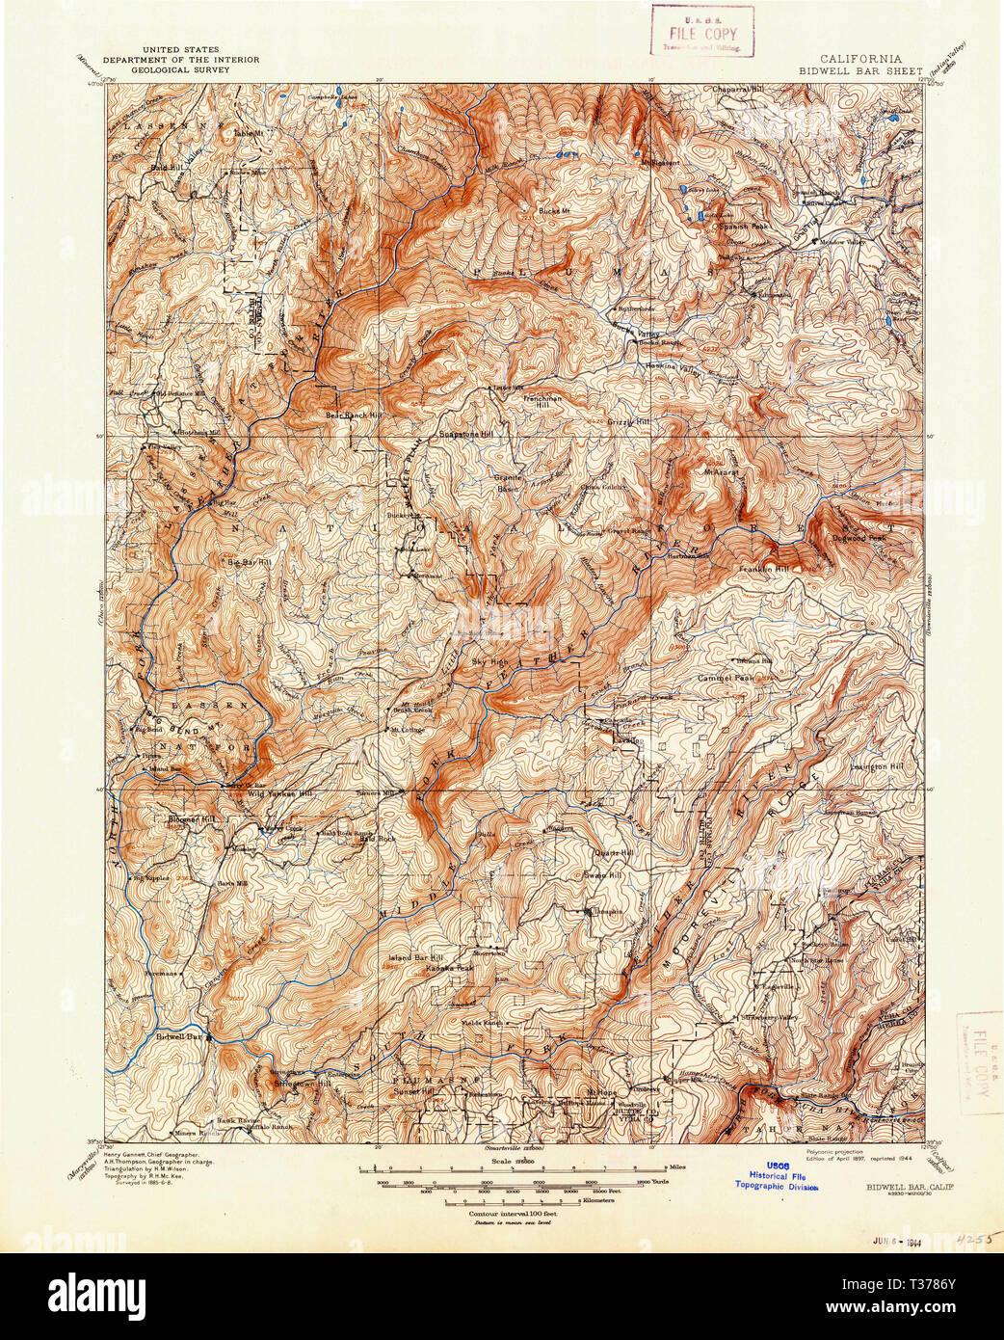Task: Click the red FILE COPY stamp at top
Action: (x=701, y=28)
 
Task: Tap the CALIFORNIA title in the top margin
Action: (x=859, y=58)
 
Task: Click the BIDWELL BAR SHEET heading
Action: (x=860, y=70)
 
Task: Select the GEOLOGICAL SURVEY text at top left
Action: (x=181, y=68)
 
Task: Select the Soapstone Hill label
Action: (x=466, y=434)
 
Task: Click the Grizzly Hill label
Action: (x=629, y=421)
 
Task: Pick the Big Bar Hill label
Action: (x=247, y=561)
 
